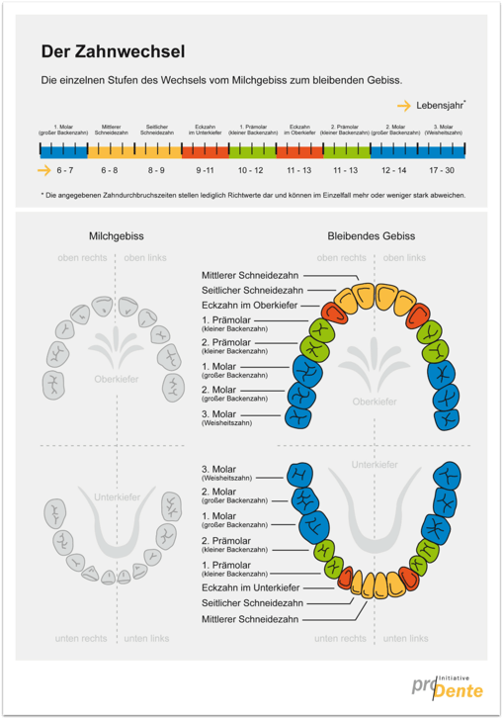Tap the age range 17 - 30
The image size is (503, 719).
point(441,170)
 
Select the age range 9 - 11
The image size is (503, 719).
point(206,170)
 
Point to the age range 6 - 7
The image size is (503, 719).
point(66,170)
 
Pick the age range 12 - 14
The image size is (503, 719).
point(393,170)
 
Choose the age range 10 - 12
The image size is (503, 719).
point(252,170)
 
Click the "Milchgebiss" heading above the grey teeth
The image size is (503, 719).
point(117,236)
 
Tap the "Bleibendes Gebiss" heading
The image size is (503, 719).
point(371,236)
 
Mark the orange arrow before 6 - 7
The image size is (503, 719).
point(44,170)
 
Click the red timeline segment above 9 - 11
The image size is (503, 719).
point(206,149)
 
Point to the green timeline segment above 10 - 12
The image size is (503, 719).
point(252,149)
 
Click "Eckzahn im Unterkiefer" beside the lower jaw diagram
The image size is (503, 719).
point(250,587)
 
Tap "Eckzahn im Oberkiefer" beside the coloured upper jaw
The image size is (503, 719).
point(250,307)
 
